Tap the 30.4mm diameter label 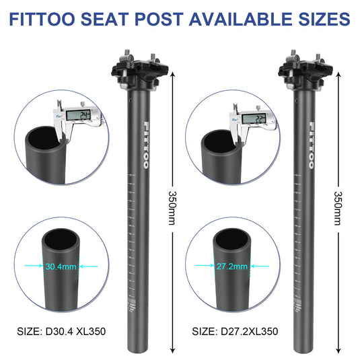pyautogui.click(x=60, y=266)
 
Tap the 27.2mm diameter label pyautogui.click(x=230, y=266)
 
